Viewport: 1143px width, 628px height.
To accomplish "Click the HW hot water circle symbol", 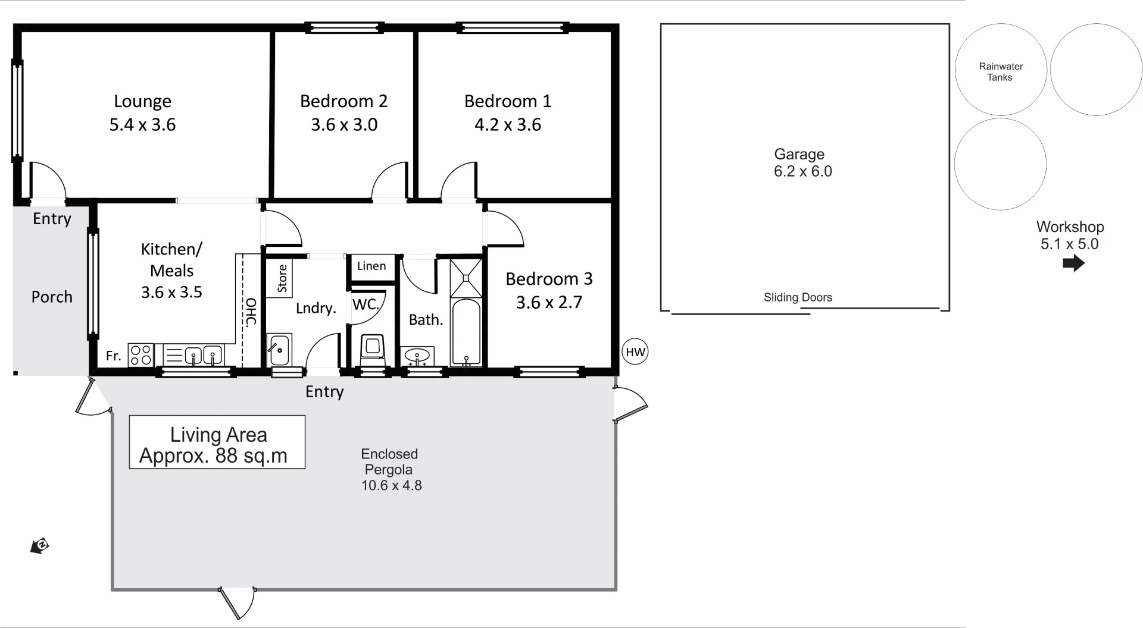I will pyautogui.click(x=635, y=352).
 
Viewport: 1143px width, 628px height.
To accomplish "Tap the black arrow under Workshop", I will pyautogui.click(x=1073, y=263).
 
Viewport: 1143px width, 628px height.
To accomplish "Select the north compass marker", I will pyautogui.click(x=40, y=545).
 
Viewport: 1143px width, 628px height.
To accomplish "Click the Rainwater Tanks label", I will pyautogui.click(x=1001, y=72).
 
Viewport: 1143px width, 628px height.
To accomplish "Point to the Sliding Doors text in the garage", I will pyautogui.click(x=798, y=297).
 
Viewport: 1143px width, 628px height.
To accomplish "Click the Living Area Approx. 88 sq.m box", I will pyautogui.click(x=217, y=442).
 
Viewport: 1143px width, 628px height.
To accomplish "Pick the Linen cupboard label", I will pyautogui.click(x=371, y=266).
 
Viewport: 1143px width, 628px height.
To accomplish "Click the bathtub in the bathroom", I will pyautogui.click(x=466, y=332).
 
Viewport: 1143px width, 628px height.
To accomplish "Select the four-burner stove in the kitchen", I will pyautogui.click(x=141, y=355).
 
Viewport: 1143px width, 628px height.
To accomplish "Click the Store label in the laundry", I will pyautogui.click(x=282, y=278).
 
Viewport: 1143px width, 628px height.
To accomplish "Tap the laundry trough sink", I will pyautogui.click(x=279, y=350).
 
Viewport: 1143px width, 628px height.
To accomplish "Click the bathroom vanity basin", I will pyautogui.click(x=417, y=356).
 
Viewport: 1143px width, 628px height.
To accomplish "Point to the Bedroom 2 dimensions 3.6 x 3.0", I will pyautogui.click(x=344, y=125).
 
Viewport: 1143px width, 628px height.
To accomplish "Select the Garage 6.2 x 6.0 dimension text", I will pyautogui.click(x=802, y=171).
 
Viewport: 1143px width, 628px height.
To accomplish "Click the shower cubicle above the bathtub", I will pyautogui.click(x=466, y=278).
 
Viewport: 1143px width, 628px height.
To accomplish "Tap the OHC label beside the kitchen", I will pyautogui.click(x=251, y=312).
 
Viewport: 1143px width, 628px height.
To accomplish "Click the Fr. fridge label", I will pyautogui.click(x=113, y=356).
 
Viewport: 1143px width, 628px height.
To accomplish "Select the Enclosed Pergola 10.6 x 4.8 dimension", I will pyautogui.click(x=391, y=485).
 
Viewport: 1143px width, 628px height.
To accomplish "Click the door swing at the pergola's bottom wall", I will pyautogui.click(x=238, y=602).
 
